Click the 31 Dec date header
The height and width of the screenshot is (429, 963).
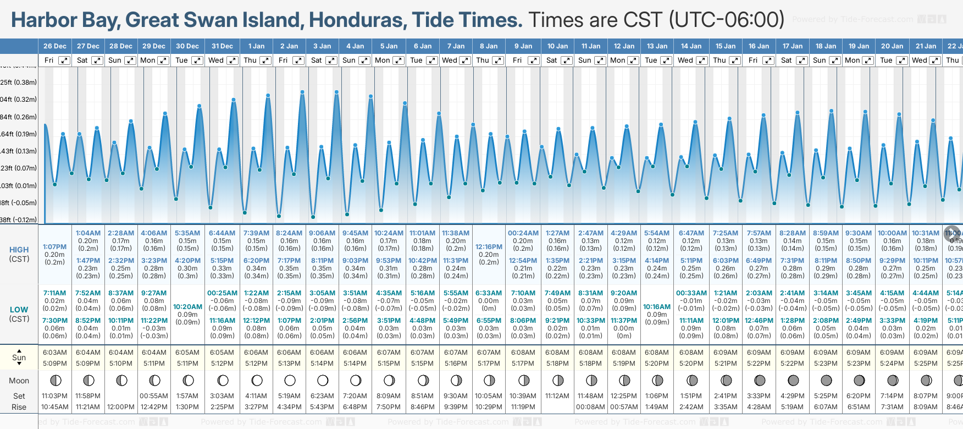click(x=222, y=46)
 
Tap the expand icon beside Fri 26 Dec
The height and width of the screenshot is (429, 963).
click(x=64, y=61)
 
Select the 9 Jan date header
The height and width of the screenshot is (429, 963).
click(x=523, y=46)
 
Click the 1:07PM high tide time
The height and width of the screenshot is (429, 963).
click(x=54, y=247)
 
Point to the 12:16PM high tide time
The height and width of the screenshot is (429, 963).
click(x=489, y=247)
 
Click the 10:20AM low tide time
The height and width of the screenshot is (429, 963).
click(x=187, y=307)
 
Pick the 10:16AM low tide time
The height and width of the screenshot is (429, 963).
click(x=657, y=307)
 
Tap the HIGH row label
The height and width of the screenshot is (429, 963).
click(x=19, y=250)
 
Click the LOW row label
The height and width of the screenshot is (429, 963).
click(x=19, y=310)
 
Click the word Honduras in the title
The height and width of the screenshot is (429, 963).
click(x=357, y=20)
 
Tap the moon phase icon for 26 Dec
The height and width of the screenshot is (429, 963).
click(x=55, y=380)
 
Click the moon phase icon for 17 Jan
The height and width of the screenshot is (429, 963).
click(x=793, y=380)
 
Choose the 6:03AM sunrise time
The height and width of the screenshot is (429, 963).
click(x=54, y=353)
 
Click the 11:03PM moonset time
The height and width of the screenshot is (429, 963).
click(x=54, y=396)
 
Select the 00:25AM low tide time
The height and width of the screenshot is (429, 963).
click(x=222, y=293)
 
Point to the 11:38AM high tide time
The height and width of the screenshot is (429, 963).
click(x=456, y=233)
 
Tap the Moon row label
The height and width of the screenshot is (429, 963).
click(x=19, y=381)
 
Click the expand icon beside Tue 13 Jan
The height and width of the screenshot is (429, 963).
click(x=666, y=61)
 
